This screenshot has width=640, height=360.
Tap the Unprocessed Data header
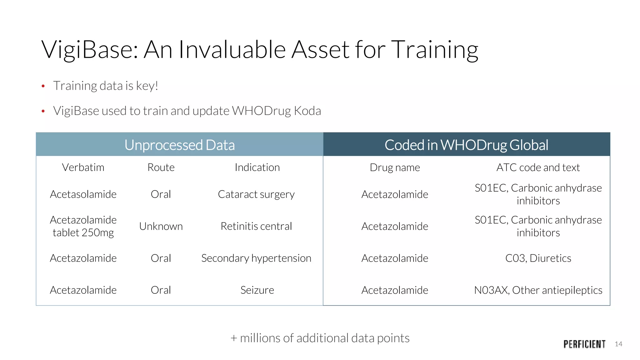179,145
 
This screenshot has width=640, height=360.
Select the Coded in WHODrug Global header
466,145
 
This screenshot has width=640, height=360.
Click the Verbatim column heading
83,167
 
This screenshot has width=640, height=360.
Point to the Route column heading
161,167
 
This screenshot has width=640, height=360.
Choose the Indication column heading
257,167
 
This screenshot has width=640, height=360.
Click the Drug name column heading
395,167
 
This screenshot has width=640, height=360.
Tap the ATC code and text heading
538,167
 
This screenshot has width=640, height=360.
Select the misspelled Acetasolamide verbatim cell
83,194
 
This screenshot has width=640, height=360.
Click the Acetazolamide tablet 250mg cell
83,226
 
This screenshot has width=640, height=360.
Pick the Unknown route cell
161,226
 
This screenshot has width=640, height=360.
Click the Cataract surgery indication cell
256,194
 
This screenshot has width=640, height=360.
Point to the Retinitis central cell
256,226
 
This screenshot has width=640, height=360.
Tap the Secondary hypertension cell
256,258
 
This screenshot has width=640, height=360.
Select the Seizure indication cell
257,290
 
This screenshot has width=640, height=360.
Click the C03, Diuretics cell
538,258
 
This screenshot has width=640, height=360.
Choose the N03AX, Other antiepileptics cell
538,290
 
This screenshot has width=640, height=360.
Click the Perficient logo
584,344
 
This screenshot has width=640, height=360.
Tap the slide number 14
618,344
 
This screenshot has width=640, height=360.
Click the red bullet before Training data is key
43,86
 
